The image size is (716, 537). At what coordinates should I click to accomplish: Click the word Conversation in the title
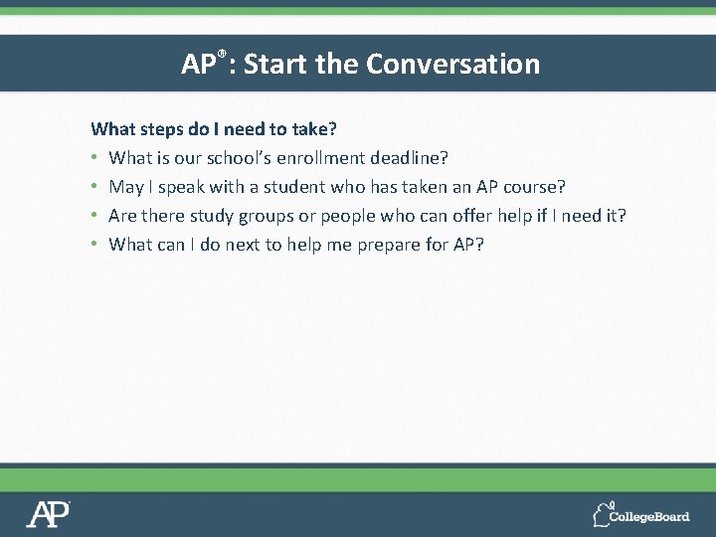coord(452,65)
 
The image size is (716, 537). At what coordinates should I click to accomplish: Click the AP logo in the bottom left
coord(48,513)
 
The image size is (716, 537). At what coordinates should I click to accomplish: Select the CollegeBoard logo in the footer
coord(640,514)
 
